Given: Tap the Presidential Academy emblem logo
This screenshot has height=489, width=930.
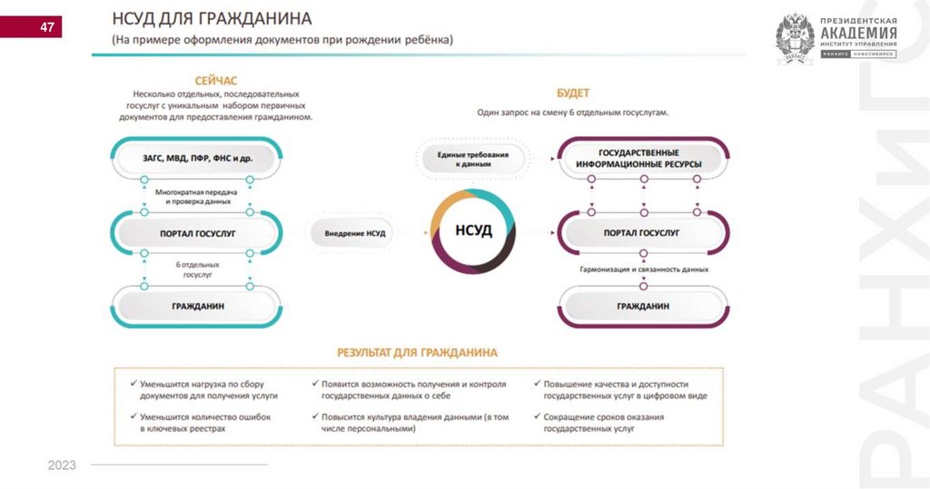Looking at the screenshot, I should (x=794, y=39).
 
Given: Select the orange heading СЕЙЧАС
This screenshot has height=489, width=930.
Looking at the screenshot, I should (x=216, y=81).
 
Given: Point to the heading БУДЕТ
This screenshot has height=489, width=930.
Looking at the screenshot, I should (x=573, y=93).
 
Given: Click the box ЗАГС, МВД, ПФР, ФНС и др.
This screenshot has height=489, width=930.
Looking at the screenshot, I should (x=197, y=158).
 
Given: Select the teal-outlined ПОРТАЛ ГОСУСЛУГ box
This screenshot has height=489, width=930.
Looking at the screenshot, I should (x=197, y=233).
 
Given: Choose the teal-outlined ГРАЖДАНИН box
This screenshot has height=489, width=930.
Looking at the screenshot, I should (x=197, y=306).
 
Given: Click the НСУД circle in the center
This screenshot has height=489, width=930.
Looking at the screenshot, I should (x=473, y=231).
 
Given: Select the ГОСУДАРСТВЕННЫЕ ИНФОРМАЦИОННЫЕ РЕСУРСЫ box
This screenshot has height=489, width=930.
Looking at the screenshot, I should (x=643, y=158).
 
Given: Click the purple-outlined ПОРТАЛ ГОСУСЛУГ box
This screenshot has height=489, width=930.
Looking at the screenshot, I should (x=643, y=233).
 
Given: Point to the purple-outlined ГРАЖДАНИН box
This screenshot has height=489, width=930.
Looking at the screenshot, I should (x=643, y=306).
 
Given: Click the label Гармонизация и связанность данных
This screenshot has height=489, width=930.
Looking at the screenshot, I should (x=643, y=269).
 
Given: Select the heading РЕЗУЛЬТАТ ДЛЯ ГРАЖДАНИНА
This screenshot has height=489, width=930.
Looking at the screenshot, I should (x=417, y=352).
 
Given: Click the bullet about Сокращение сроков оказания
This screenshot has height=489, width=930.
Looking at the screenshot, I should (x=604, y=423).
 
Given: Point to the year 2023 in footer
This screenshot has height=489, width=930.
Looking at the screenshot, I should (x=62, y=465).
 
